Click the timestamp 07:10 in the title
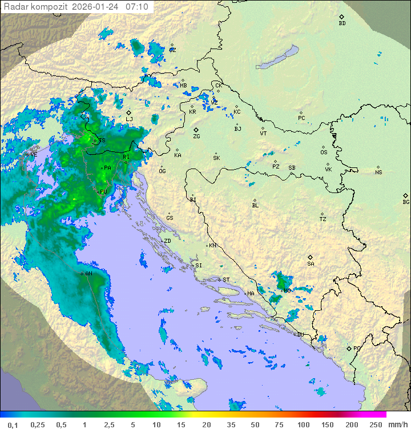[x=137, y=7]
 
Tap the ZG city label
[x=196, y=137]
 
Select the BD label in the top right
[x=342, y=23]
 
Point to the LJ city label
[x=130, y=119]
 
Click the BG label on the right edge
[x=406, y=202]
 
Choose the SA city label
[x=311, y=263]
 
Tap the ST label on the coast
[x=226, y=280]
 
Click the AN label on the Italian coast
[x=88, y=274]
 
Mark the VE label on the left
[x=33, y=154]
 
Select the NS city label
[x=378, y=172]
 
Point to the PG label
[x=357, y=348]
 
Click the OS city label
[x=324, y=153]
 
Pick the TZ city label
[x=323, y=219]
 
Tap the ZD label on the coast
[x=167, y=241]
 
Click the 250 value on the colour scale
[x=375, y=424]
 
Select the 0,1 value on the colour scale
[x=13, y=424]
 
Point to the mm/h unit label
[x=397, y=424]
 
